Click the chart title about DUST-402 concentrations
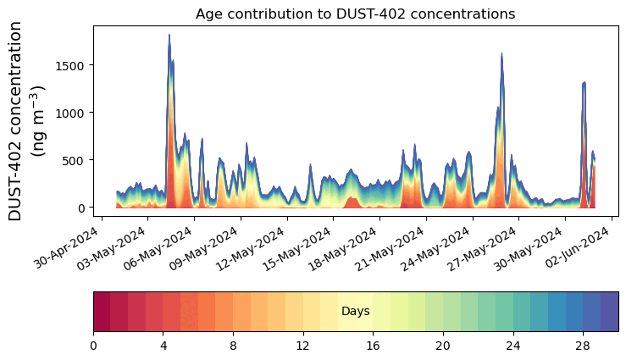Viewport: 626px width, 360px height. pos(355,14)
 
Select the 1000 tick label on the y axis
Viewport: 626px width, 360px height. pos(70,113)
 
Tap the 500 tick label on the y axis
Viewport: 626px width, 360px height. pos(74,160)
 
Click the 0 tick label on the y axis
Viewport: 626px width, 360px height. pos(80,208)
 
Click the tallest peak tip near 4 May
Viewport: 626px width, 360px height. pos(169,36)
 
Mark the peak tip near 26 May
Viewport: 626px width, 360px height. pos(501,53)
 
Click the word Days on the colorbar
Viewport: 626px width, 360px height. pos(355,312)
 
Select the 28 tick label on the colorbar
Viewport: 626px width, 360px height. pos(582,346)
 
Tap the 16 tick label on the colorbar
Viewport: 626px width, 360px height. pos(373,346)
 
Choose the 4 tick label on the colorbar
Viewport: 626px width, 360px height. pos(163,346)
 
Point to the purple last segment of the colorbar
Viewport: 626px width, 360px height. pos(609,311)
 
